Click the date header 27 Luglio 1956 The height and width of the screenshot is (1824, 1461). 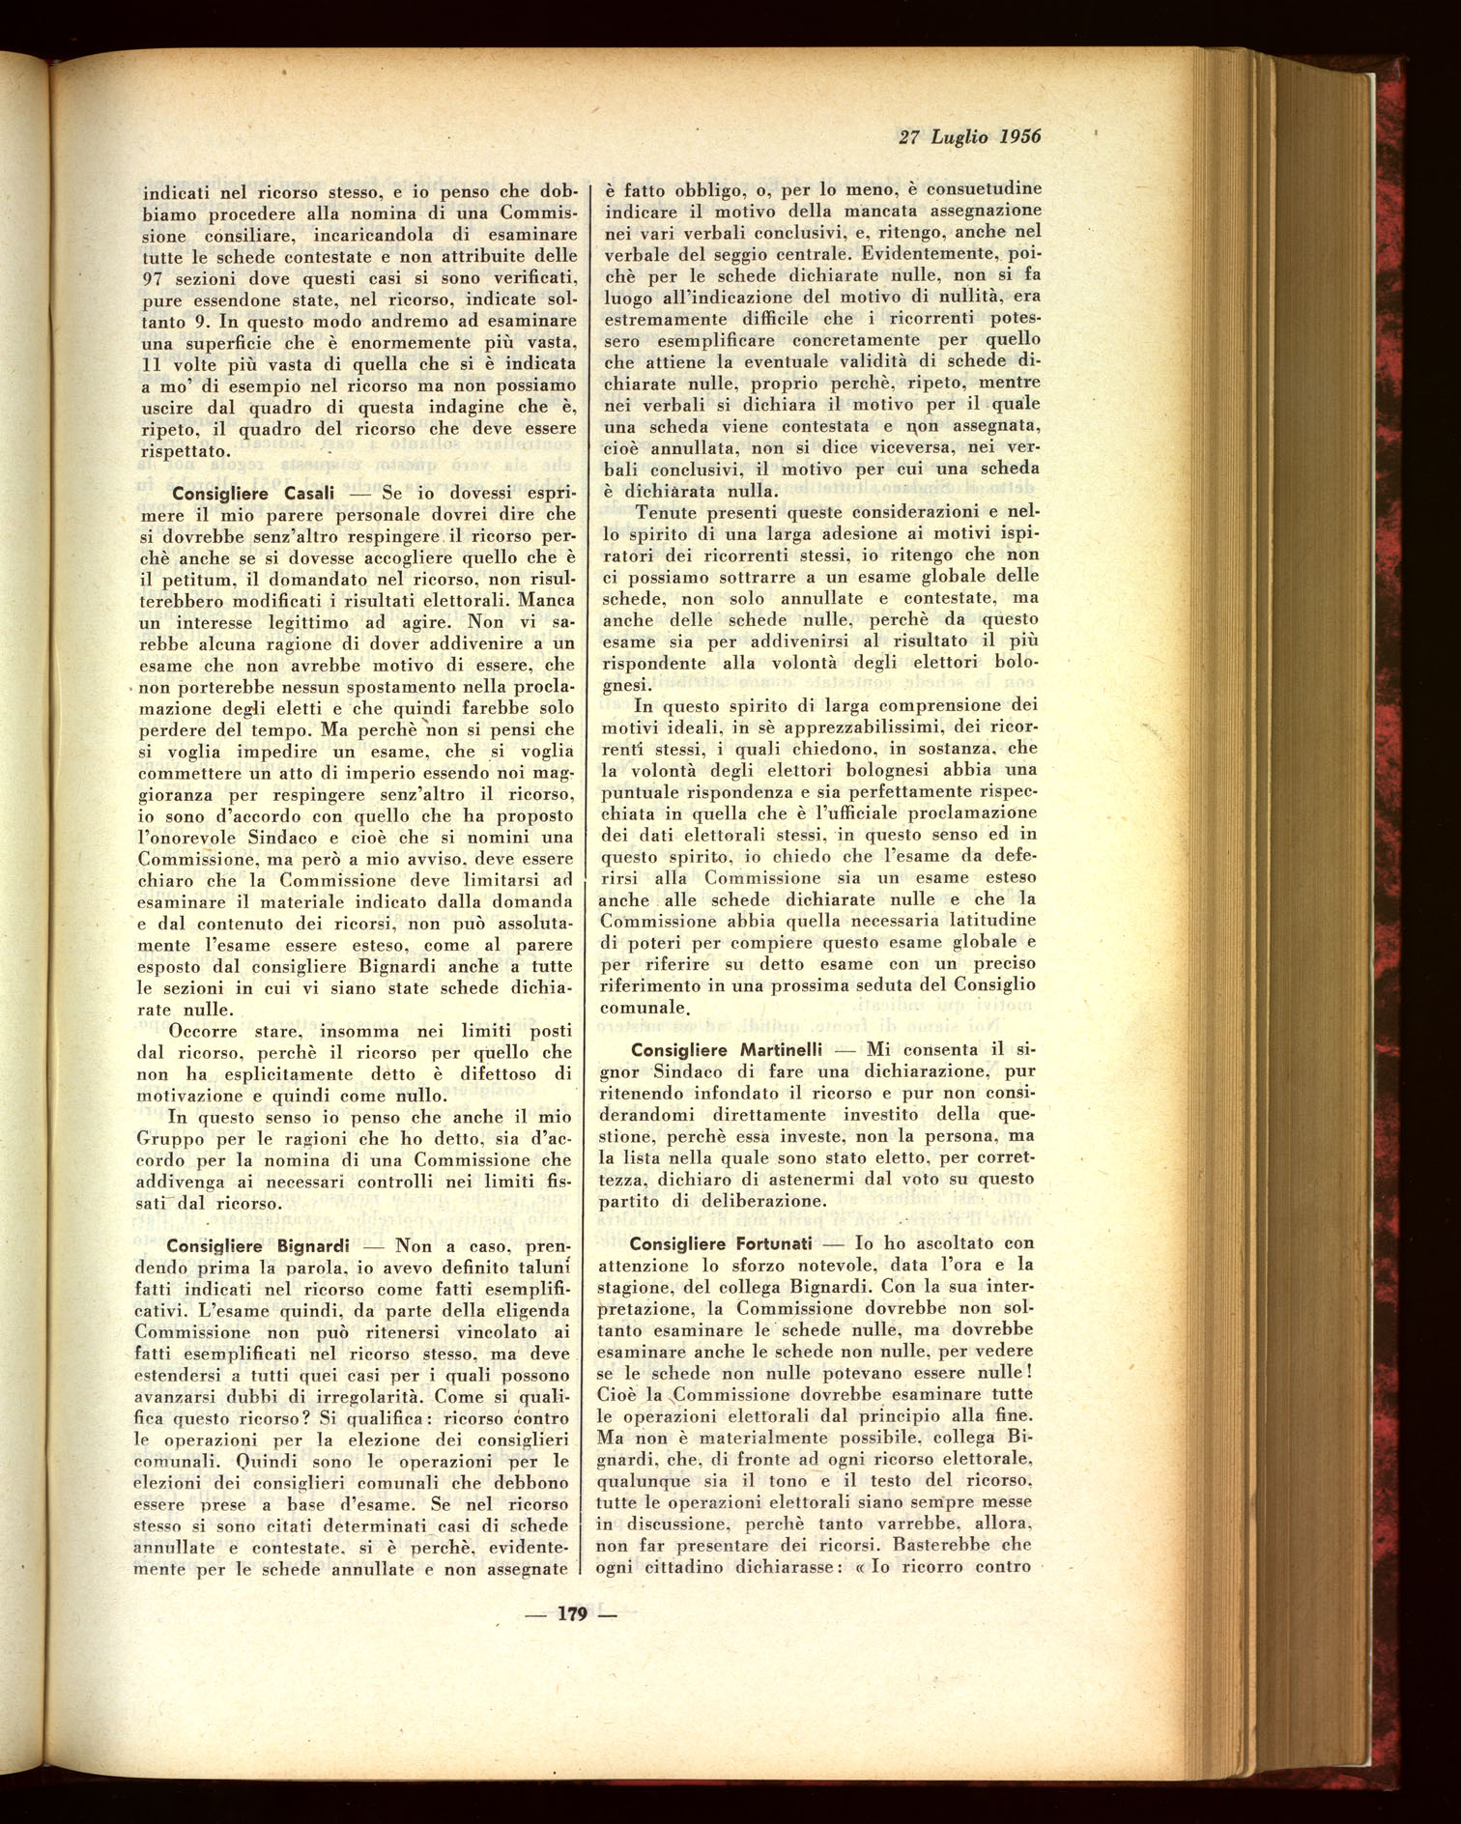pyautogui.click(x=969, y=137)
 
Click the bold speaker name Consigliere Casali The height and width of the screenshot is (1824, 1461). pyautogui.click(x=251, y=492)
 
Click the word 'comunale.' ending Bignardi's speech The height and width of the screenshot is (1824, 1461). pyautogui.click(x=642, y=1008)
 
